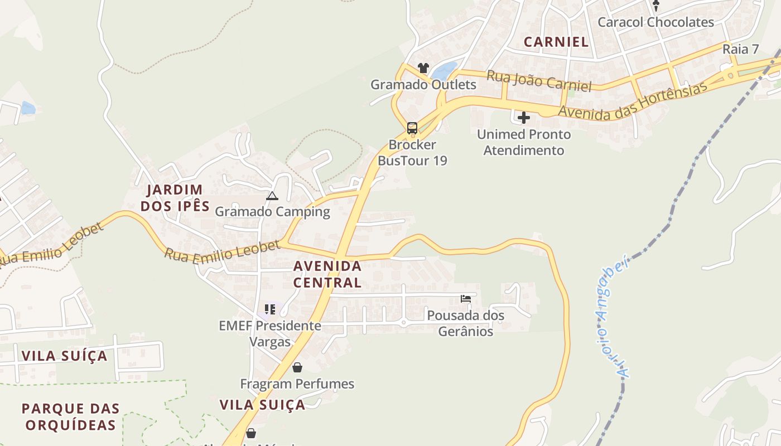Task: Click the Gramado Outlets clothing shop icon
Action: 423,68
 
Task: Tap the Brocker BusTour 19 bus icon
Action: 412,128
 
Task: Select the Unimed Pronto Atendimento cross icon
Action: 523,118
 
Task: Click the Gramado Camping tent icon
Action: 272,196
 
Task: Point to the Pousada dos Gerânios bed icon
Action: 465,299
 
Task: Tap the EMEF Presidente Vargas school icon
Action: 270,309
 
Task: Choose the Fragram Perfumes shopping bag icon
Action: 297,367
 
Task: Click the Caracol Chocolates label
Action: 655,22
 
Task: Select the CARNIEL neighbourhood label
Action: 556,42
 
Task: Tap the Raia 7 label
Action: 740,49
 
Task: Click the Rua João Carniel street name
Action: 539,81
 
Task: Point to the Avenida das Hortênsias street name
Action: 633,100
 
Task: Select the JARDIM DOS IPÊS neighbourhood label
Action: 175,198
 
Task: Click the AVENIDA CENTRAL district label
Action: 327,274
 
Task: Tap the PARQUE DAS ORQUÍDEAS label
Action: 71,416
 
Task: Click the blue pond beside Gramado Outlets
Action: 445,71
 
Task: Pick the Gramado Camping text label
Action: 272,212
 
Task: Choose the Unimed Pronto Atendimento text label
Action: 523,142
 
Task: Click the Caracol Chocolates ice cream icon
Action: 656,6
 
